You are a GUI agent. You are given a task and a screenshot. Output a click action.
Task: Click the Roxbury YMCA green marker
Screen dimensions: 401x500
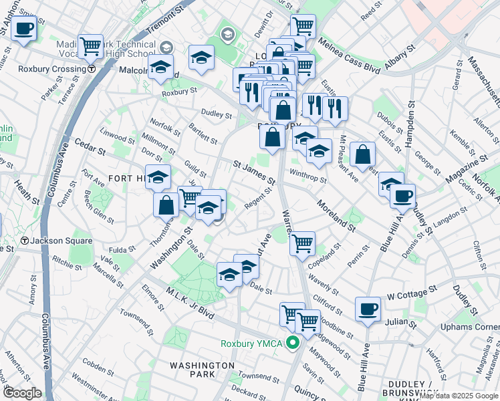tap(292, 344)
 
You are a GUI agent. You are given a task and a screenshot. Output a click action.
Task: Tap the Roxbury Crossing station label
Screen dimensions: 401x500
tap(52, 68)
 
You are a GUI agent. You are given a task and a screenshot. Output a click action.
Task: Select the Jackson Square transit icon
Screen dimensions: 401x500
tap(25, 241)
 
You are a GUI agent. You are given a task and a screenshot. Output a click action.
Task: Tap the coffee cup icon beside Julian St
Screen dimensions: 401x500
tap(368, 309)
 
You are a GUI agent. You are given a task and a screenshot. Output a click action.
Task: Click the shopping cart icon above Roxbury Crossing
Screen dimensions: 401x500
tap(90, 45)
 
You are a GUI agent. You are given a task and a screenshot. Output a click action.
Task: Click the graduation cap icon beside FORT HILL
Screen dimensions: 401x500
tap(158, 177)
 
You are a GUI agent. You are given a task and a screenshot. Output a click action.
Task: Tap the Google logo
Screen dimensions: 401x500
tap(21, 393)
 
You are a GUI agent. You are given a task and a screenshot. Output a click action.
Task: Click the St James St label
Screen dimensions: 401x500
tap(254, 172)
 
